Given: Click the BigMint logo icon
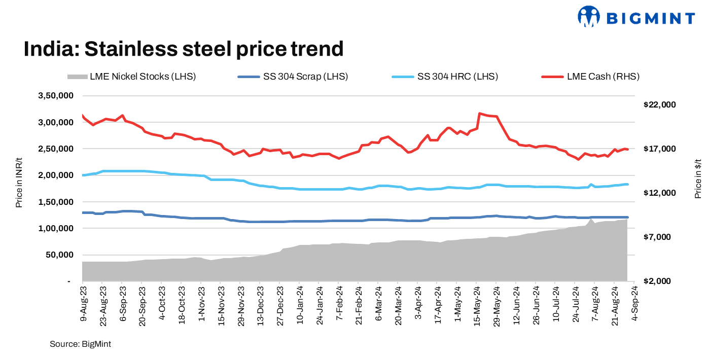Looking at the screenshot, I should coord(589,16).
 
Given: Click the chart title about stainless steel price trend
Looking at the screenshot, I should coord(184,49).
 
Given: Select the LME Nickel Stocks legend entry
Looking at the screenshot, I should coord(131,77).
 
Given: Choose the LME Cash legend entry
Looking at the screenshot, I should coord(590,77).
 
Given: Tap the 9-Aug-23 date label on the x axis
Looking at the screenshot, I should coord(83,305).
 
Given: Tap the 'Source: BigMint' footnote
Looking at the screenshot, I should coord(80,344).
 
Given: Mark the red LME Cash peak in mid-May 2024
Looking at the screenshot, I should coord(479,113).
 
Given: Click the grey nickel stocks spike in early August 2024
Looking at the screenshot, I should coord(592,219).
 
